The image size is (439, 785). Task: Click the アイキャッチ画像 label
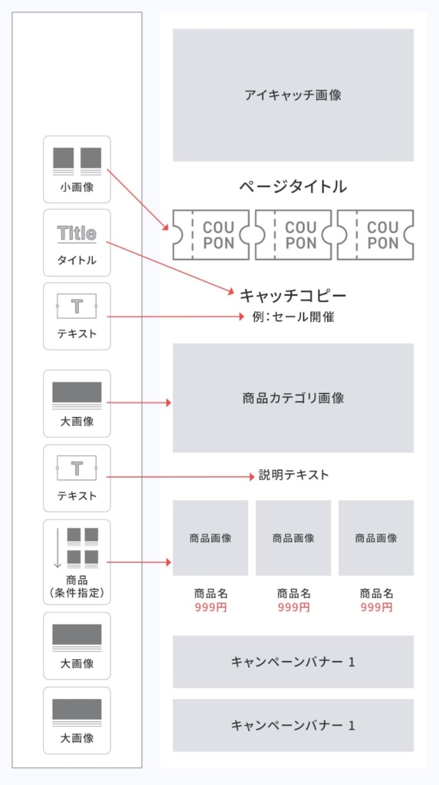293,95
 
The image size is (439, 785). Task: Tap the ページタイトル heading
293,187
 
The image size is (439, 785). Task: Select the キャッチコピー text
293,295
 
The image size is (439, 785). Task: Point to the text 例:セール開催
293,317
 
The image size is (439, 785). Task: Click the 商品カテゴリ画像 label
293,399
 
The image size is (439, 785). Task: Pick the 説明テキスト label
294,475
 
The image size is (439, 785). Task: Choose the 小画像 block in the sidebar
77,169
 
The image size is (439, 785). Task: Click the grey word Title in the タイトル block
77,233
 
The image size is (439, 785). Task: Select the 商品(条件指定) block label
77,587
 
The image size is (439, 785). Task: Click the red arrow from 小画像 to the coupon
138,200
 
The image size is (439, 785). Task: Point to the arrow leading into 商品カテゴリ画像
139,402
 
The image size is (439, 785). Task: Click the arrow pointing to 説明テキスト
181,477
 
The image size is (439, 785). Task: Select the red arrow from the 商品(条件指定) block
139,562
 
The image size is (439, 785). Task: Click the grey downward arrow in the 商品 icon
57,548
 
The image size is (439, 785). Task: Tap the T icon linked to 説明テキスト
77,468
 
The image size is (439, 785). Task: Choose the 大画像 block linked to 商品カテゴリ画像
77,403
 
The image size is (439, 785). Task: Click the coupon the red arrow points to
211,235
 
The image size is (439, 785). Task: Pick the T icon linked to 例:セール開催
77,306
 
